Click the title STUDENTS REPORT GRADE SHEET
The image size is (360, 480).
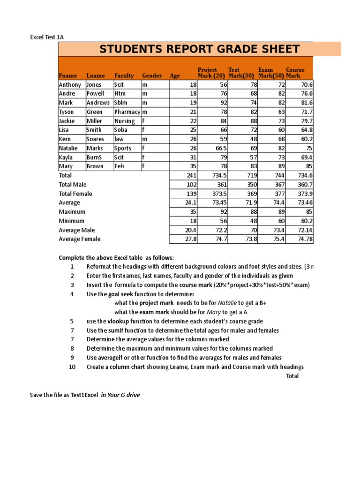pyautogui.click(x=199, y=49)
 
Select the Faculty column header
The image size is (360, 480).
pyautogui.click(x=124, y=75)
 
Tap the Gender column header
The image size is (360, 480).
pyautogui.click(x=152, y=75)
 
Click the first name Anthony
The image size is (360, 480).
pyautogui.click(x=70, y=85)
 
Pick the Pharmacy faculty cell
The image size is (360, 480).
pyautogui.click(x=127, y=112)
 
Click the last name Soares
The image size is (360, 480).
pyautogui.click(x=96, y=139)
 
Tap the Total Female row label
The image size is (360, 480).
pyautogui.click(x=75, y=194)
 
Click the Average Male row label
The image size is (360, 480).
pyautogui.click(x=76, y=230)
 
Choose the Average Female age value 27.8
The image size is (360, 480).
pyautogui.click(x=192, y=239)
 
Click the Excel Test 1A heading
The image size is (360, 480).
pyautogui.click(x=45, y=37)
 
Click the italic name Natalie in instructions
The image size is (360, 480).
pyautogui.click(x=227, y=303)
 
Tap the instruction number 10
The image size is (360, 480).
pyautogui.click(x=72, y=367)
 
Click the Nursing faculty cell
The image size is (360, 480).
pyautogui.click(x=125, y=121)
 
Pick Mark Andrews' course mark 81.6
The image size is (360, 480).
pyautogui.click(x=307, y=103)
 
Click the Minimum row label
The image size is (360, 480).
pyautogui.click(x=72, y=221)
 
